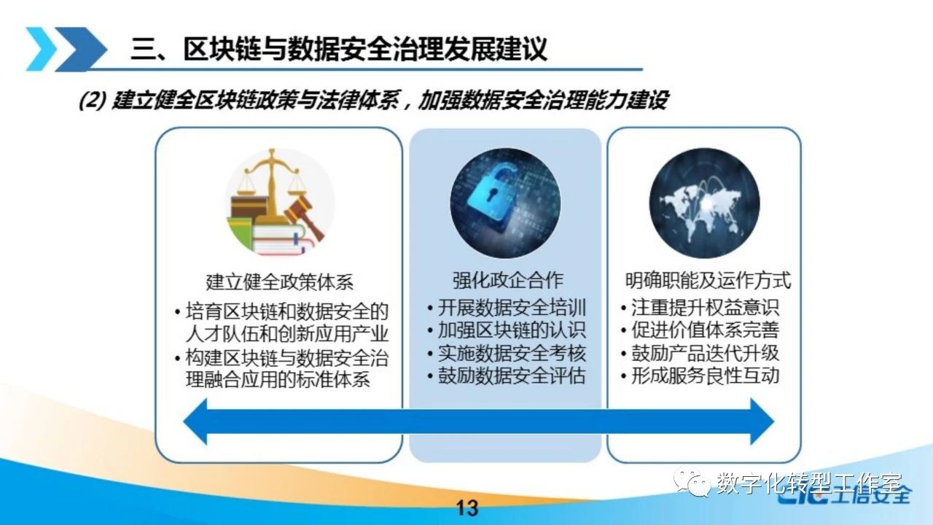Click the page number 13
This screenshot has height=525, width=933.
pos(467,508)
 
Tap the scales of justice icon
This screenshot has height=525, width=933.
pos(280,203)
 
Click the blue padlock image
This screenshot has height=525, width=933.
pos(505,203)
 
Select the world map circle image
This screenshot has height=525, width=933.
pos(704,203)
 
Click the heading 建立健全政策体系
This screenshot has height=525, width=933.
pos(279,281)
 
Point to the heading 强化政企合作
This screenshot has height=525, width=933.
pos(508,279)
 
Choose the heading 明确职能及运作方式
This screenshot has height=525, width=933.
pos(708,279)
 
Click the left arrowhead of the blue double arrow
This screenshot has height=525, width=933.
pos(197,421)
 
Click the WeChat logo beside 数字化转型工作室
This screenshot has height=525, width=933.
pos(692,482)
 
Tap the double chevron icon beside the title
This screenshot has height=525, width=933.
pos(66,49)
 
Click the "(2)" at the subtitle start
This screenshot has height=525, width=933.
pos(93,101)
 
